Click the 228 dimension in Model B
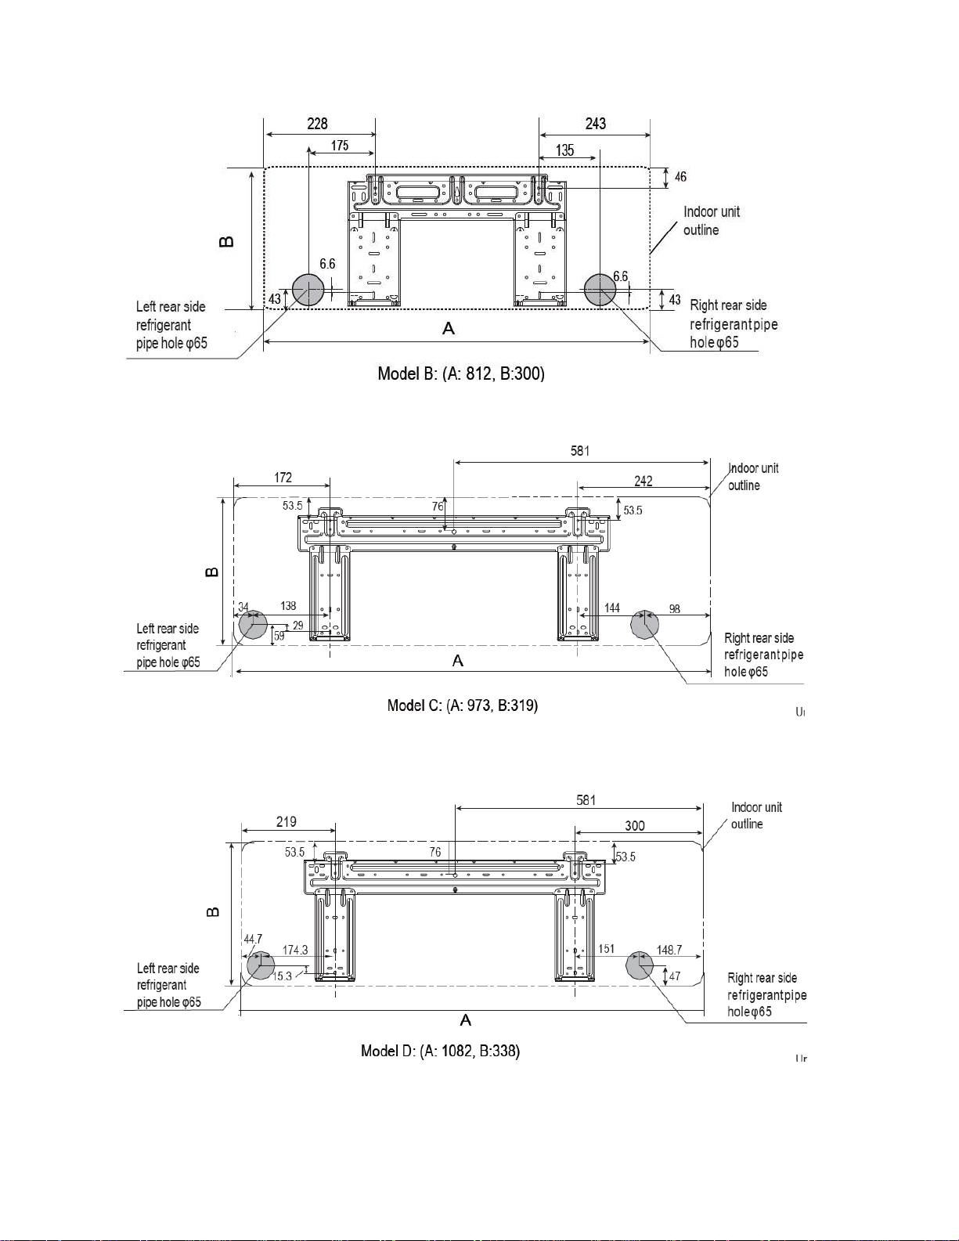[x=317, y=124]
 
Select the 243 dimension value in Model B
[x=596, y=124]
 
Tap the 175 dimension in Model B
[x=340, y=146]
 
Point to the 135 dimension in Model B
[x=564, y=150]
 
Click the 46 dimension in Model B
[x=680, y=176]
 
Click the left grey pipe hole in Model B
[x=308, y=290]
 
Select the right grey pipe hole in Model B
[x=600, y=290]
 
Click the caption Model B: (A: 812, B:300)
[x=461, y=374]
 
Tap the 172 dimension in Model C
[x=283, y=478]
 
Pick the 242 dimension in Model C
[x=644, y=481]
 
